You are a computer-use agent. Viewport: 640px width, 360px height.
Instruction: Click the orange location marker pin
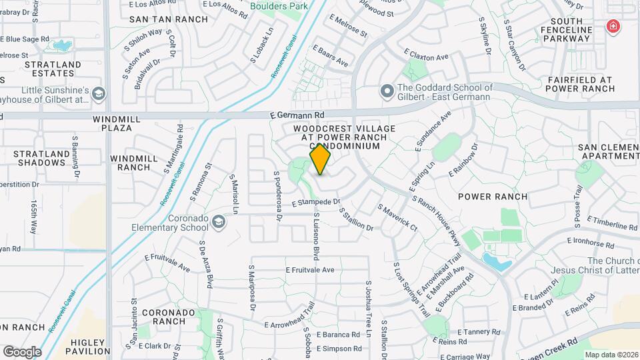tap(321, 159)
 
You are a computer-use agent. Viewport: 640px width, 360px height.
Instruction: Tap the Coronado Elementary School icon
tap(219, 221)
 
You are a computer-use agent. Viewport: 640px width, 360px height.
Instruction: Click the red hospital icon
tap(612, 27)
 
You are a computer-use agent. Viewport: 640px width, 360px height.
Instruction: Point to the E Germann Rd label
tap(297, 115)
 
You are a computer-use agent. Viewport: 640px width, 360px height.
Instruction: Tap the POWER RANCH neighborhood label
tap(493, 197)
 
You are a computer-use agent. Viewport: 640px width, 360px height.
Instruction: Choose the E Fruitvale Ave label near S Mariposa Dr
tap(310, 270)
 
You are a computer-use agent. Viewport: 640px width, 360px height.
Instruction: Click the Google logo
tap(22, 351)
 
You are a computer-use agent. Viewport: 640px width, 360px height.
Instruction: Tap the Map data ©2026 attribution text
tap(611, 355)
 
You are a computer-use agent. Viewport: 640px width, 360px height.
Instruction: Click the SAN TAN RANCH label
tap(159, 20)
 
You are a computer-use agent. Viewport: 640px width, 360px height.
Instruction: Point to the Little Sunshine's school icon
tap(99, 94)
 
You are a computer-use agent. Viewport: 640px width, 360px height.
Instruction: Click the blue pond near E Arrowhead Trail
tap(497, 262)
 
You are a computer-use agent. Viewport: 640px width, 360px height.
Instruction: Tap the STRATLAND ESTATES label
tap(53, 69)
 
